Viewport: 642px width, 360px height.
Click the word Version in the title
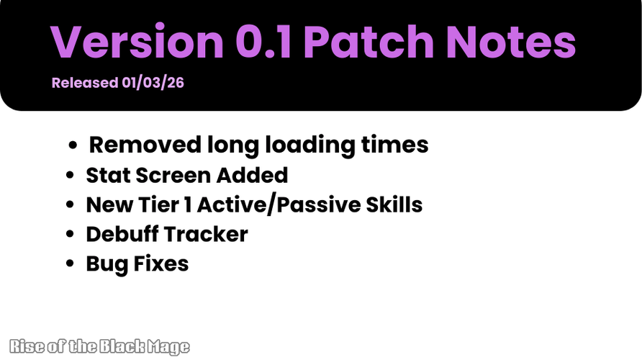pyautogui.click(x=137, y=42)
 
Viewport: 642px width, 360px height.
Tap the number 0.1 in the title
pyautogui.click(x=264, y=42)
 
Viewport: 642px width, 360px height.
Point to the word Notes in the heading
pyautogui.click(x=510, y=42)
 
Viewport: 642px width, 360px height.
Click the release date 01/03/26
pyautogui.click(x=153, y=83)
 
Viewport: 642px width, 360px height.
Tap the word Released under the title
pyautogui.click(x=85, y=83)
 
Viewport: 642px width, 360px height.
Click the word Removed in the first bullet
pyautogui.click(x=145, y=145)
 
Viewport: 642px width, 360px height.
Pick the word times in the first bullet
pyautogui.click(x=394, y=145)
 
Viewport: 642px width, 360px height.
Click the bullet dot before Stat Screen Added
pyautogui.click(x=70, y=175)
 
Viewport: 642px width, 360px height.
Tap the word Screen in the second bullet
pyautogui.click(x=173, y=175)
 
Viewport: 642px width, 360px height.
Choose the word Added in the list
pyautogui.click(x=252, y=175)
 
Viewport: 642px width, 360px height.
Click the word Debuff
pyautogui.click(x=122, y=234)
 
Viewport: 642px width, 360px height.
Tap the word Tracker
pyautogui.click(x=207, y=234)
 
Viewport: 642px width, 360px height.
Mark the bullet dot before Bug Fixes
pyautogui.click(x=70, y=264)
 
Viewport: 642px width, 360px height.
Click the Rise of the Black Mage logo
pyautogui.click(x=99, y=347)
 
